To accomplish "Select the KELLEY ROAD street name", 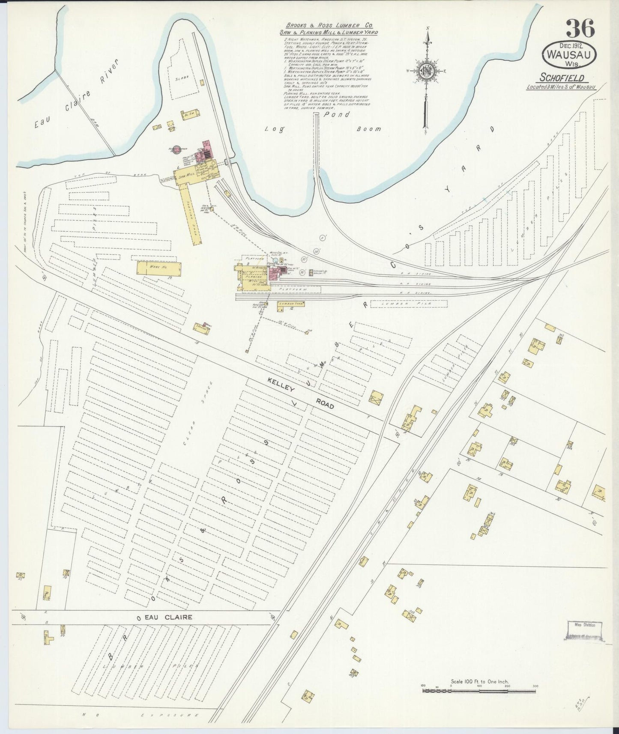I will pos(300,393).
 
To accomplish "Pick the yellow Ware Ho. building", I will pos(158,268).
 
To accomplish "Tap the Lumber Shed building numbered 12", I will pos(292,304).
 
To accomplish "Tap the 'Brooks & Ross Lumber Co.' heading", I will pos(329,26).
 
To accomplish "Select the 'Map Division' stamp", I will pos(585,625).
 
